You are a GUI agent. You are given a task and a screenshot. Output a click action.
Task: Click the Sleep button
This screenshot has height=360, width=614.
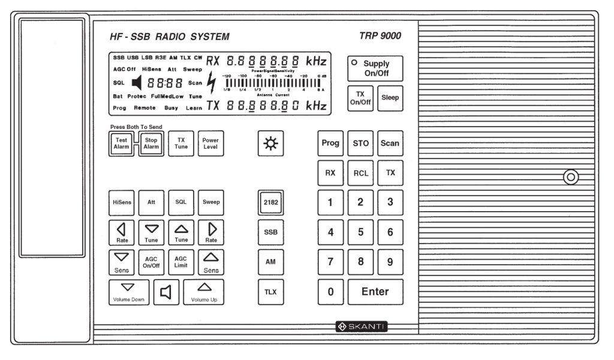point(390,98)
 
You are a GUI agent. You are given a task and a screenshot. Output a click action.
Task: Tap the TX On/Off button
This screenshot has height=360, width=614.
point(361,98)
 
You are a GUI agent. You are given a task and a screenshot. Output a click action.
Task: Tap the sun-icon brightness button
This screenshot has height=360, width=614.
point(271,143)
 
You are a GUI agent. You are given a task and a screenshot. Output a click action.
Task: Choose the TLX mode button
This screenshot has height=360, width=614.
point(270,292)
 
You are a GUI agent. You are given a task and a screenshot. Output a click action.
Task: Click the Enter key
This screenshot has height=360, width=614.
point(375,292)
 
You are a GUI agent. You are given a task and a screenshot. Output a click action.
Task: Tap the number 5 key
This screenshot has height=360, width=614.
point(360,232)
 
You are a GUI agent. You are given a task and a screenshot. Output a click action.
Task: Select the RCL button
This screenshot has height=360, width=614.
point(360,173)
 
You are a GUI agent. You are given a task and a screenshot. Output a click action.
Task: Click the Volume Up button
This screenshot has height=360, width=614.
point(204,292)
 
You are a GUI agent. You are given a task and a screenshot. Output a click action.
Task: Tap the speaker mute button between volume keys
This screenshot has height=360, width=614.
point(165,292)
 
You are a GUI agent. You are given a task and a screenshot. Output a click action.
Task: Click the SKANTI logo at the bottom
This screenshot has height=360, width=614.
point(361,326)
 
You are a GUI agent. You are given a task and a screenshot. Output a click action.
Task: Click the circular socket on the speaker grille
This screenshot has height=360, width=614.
point(571,177)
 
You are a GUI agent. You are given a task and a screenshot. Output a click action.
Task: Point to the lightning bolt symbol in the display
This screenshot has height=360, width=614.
point(210,83)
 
